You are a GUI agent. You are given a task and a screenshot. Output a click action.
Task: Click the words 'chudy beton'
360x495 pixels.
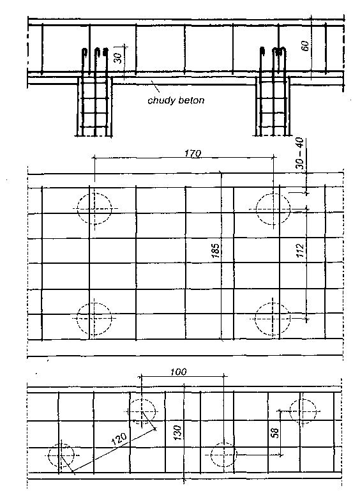coord(176,101)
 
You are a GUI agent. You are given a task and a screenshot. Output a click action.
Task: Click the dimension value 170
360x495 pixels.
coord(192,153)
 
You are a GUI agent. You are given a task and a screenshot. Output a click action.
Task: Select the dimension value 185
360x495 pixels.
coord(216,250)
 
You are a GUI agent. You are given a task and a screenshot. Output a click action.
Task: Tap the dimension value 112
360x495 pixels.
coord(300,250)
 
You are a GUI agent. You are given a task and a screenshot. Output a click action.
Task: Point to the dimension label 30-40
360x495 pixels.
coord(300,154)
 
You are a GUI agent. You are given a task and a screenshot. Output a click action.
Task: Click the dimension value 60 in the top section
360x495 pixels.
coord(305,46)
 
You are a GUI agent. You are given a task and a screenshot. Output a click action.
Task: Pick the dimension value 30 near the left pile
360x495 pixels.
coord(117,58)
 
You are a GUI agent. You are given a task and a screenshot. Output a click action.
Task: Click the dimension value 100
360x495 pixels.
coord(179,372)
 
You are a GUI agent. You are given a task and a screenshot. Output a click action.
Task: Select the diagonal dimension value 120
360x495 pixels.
coord(119,439)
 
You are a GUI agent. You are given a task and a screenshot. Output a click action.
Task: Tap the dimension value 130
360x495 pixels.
coord(177,433)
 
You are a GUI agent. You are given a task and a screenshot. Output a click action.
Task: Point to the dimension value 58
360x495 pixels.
coord(275,432)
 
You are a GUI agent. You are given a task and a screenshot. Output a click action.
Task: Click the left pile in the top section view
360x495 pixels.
coord(94,107)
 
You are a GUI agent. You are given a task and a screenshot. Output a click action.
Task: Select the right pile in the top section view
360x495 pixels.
coord(273,107)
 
